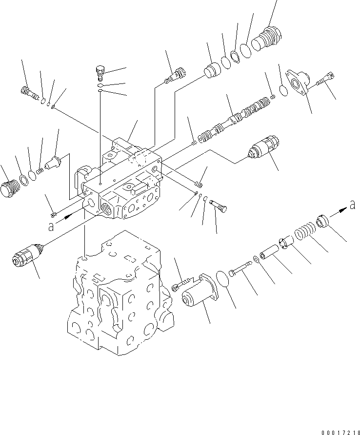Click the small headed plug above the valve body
click(100, 71)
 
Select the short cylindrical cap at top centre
click(212, 71)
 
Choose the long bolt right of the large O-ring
click(241, 268)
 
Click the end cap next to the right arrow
click(323, 222)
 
